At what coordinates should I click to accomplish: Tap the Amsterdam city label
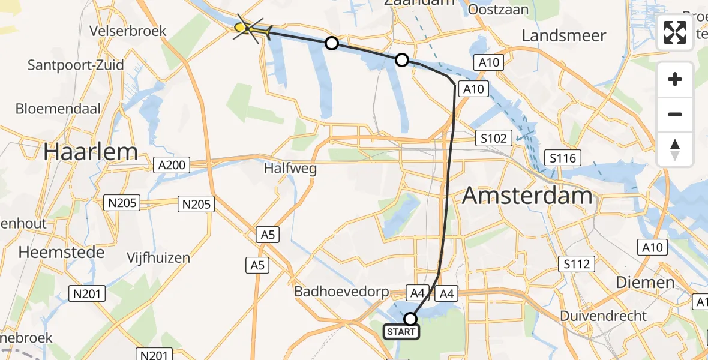coord(527,196)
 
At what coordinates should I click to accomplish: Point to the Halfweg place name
coord(290,169)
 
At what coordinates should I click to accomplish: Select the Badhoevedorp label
coord(341,292)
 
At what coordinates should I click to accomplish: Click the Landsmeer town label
coord(563,35)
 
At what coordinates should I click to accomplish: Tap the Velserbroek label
coord(127,31)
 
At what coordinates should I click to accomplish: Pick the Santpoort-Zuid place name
coord(76,65)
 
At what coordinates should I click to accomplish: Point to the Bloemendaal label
coord(58,109)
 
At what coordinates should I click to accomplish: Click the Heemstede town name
coord(61,252)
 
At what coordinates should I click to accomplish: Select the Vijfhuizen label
coord(158,258)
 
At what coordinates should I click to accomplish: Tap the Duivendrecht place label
coord(603,316)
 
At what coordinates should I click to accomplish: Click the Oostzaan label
coord(498,10)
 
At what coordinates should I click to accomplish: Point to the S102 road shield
coord(493,138)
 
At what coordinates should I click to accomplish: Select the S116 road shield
coord(562,158)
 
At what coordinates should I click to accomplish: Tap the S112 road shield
coord(577,263)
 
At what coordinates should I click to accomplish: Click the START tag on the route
coord(401,332)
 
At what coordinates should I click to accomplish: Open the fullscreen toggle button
coord(675,32)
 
